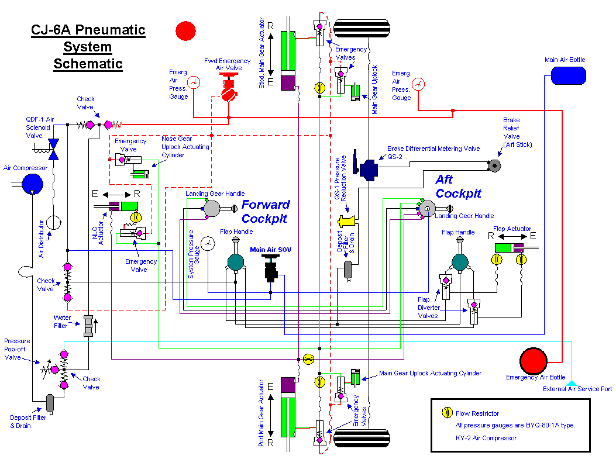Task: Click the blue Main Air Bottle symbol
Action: click(x=569, y=75)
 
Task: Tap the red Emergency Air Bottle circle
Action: click(x=532, y=360)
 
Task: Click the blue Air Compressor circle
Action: click(x=32, y=184)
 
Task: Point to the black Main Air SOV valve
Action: click(x=270, y=269)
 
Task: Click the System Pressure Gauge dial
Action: click(x=207, y=243)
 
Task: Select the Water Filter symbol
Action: click(x=88, y=325)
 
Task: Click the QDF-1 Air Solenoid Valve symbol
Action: click(x=54, y=149)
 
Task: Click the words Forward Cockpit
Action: click(x=266, y=211)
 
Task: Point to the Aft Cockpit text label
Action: click(x=458, y=186)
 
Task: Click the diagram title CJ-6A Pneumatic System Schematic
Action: click(x=88, y=47)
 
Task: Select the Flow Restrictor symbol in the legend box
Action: click(x=447, y=413)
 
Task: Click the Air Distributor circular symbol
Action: click(x=54, y=222)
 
